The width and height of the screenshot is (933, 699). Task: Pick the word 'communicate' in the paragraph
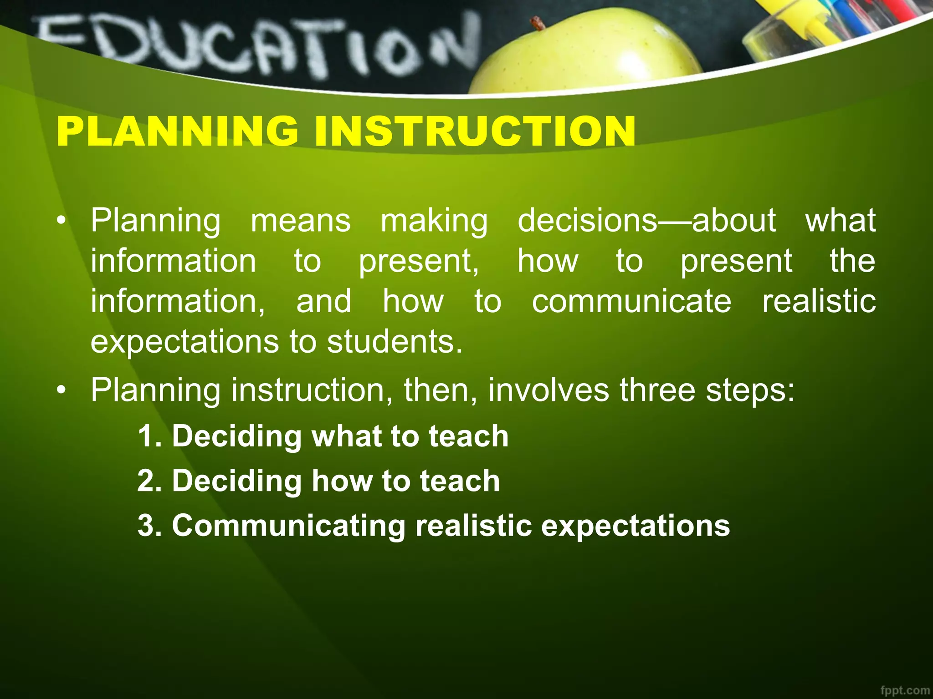coord(631,302)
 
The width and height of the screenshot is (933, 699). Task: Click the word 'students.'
coord(395,342)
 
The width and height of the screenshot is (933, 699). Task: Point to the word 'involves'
coord(548,390)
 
